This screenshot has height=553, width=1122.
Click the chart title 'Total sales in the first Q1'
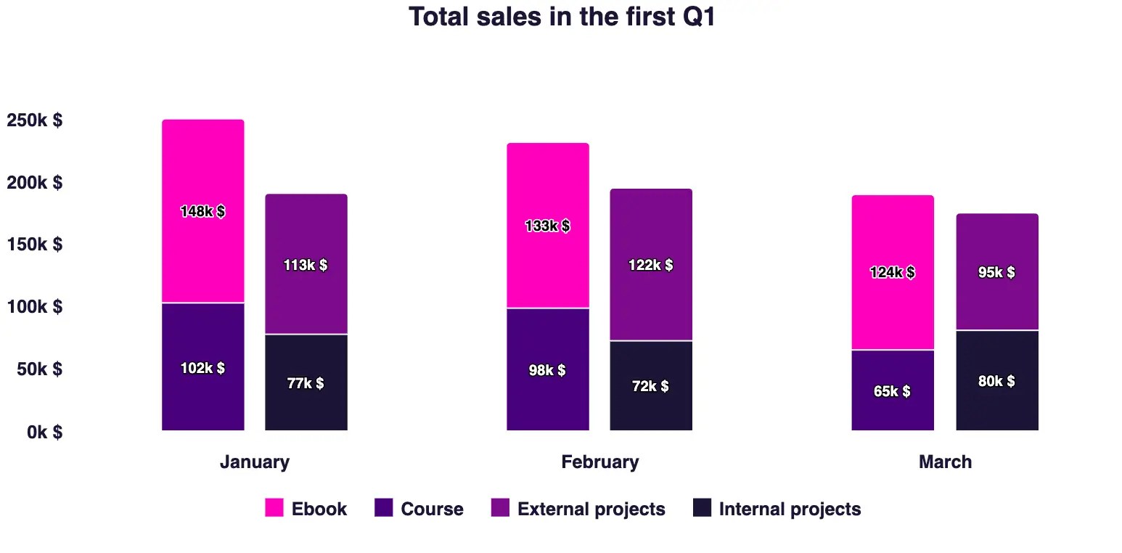(562, 17)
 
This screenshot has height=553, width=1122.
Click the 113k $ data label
(306, 266)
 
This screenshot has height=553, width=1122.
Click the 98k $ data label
(547, 371)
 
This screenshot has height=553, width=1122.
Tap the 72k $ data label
(650, 387)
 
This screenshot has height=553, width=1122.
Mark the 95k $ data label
(996, 273)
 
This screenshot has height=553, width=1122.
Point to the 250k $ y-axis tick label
(34, 120)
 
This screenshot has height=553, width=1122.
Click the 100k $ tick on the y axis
(34, 307)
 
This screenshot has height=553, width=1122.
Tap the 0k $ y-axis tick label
(44, 433)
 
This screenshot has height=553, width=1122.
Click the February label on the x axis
(599, 462)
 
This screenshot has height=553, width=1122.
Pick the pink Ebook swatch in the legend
(274, 508)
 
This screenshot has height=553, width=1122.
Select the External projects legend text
(591, 509)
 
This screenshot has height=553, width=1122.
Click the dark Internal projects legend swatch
(702, 508)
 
